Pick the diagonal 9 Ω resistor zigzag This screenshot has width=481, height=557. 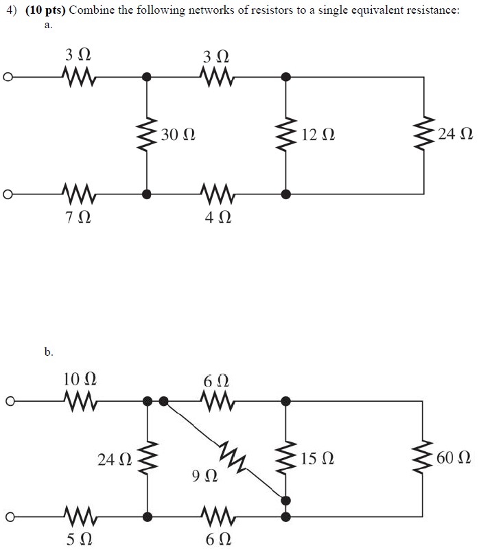click(233, 454)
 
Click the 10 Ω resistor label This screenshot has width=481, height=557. click(80, 378)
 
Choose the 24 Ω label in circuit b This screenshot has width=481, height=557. click(114, 458)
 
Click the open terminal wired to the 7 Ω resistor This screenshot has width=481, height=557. click(8, 194)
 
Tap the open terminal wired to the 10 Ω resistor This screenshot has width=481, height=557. click(8, 400)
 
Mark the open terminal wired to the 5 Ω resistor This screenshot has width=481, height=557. click(8, 516)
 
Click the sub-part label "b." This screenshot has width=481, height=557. click(48, 352)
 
